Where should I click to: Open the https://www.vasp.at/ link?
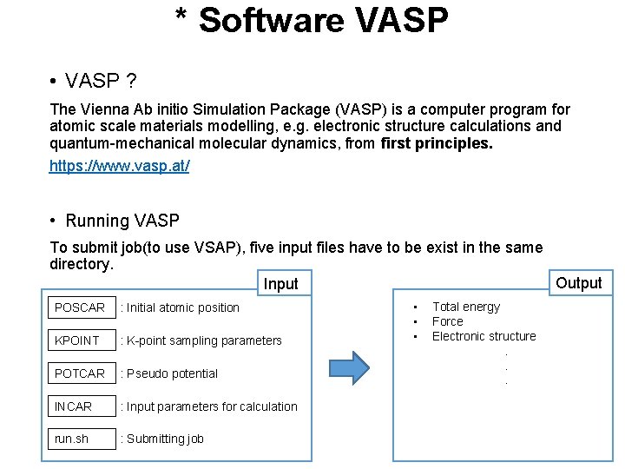click(119, 165)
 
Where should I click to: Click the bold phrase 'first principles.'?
click(436, 143)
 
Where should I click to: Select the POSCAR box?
click(82, 307)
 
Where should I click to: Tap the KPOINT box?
click(82, 340)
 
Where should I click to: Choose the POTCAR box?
click(82, 373)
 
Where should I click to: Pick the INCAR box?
click(82, 406)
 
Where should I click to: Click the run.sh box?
click(82, 439)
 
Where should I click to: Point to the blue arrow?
click(361, 367)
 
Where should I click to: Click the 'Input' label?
click(280, 284)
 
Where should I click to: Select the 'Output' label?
click(578, 283)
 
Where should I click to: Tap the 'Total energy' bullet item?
click(466, 307)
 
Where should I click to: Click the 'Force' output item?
click(448, 321)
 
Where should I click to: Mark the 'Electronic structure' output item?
click(484, 336)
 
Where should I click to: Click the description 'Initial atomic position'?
click(180, 307)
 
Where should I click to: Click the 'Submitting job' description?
click(162, 439)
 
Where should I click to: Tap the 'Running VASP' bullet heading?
click(122, 221)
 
